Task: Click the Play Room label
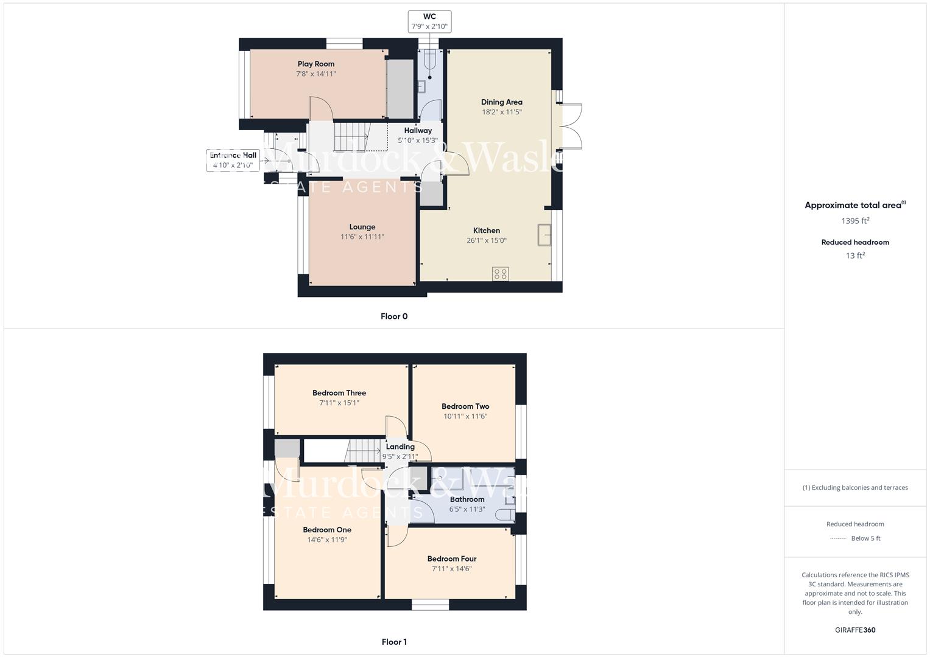[x=315, y=64]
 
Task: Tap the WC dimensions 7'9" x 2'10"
[x=429, y=27]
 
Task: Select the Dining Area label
[x=501, y=102]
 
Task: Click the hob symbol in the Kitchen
[x=501, y=274]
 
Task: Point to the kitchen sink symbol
[x=544, y=235]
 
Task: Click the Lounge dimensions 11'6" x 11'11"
[x=362, y=237]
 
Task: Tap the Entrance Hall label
[x=233, y=155]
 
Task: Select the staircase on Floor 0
[x=352, y=136]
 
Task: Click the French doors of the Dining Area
[x=571, y=127]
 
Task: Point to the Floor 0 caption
[x=393, y=316]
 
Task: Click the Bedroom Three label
[x=339, y=393]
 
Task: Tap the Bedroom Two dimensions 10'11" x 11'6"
[x=465, y=417]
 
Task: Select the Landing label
[x=400, y=447]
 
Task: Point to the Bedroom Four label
[x=451, y=559]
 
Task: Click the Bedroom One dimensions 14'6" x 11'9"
[x=327, y=540]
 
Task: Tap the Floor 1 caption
[x=393, y=642]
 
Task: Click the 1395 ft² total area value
[x=855, y=221]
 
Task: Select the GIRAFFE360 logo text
[x=855, y=630]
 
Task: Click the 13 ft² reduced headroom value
[x=855, y=255]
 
